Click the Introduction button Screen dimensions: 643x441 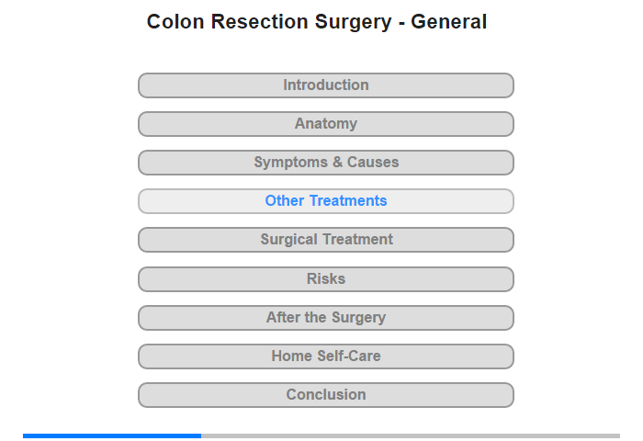[326, 85]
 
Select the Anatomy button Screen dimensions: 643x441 [326, 124]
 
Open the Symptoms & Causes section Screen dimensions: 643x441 [326, 163]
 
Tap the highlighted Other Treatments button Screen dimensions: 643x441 [326, 201]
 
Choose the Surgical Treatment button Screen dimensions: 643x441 [326, 240]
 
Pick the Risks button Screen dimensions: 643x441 [326, 279]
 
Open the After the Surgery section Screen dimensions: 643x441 [326, 318]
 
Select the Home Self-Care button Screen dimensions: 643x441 [326, 356]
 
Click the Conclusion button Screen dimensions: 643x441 [326, 395]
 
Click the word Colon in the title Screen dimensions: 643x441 [175, 22]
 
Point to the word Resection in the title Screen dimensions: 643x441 [260, 22]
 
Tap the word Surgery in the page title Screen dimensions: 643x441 [353, 23]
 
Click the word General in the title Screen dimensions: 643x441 [448, 22]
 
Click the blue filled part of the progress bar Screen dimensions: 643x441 [112, 435]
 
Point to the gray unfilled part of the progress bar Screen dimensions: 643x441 [411, 435]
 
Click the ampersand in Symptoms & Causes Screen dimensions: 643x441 [337, 162]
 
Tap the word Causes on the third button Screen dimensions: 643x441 [373, 162]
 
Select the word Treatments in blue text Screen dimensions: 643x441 [348, 200]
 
